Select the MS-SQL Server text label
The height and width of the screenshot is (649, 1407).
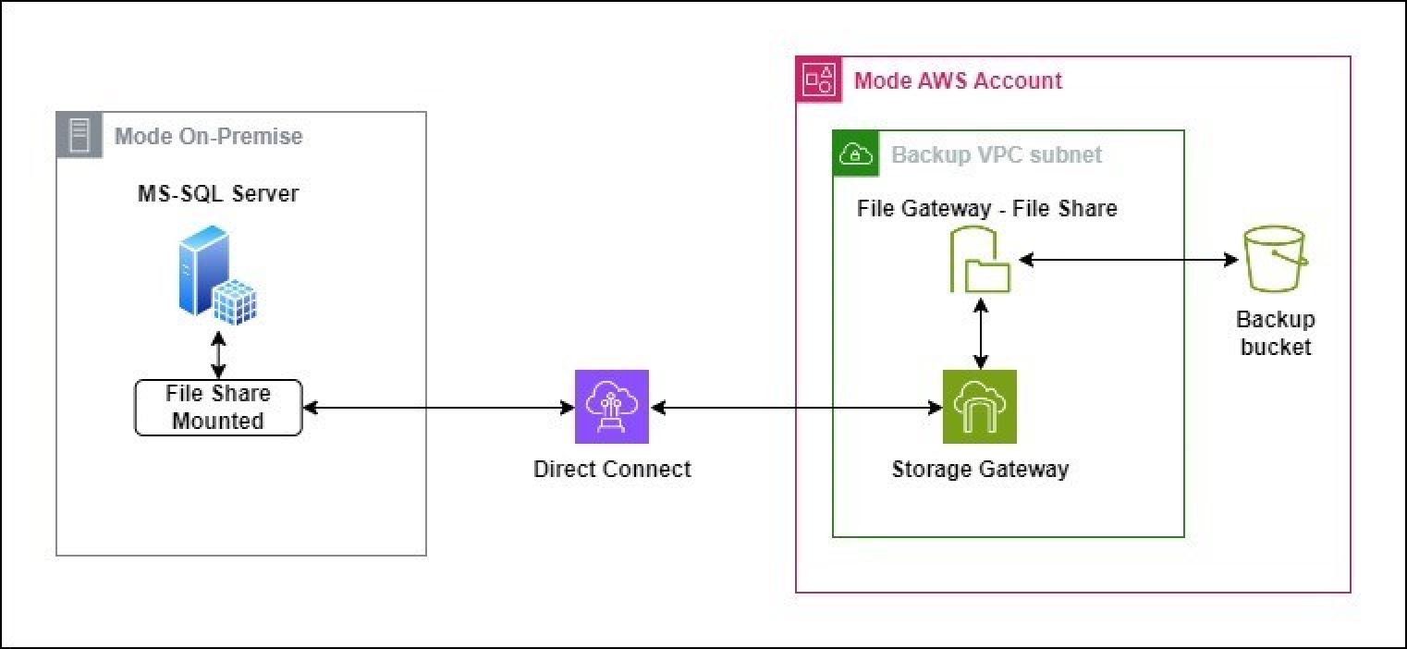tap(218, 195)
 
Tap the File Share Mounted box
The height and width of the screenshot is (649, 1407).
tap(218, 408)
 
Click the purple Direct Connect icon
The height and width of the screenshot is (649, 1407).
tap(612, 407)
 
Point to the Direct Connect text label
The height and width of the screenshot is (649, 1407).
tap(612, 469)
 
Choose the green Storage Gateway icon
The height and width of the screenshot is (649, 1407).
tap(979, 407)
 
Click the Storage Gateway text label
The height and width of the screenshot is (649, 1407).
tap(980, 469)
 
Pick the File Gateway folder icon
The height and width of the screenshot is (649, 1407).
tap(981, 263)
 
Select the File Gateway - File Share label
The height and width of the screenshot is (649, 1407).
tap(986, 209)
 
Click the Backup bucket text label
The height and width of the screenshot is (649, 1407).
tap(1276, 334)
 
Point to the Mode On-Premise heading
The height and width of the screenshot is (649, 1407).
tap(208, 137)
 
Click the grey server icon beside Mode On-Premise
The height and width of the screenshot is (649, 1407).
tap(79, 136)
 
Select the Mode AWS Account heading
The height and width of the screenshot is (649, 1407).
tap(958, 80)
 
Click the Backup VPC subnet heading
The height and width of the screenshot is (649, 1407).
tap(997, 154)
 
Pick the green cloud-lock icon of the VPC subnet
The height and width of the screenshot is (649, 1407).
tap(855, 153)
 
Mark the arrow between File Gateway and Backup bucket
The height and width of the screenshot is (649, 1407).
tap(1128, 261)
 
